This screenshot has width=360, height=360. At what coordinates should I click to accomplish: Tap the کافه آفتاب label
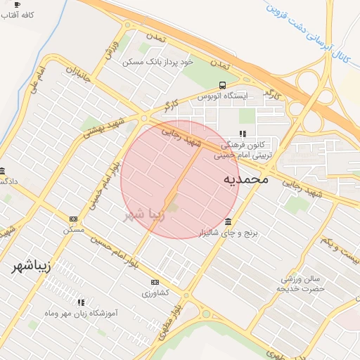20,15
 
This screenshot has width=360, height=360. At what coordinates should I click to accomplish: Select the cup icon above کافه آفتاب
17,4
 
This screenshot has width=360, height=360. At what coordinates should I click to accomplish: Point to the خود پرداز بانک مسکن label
157,63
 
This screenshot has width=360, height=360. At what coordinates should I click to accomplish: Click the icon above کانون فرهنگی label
243,134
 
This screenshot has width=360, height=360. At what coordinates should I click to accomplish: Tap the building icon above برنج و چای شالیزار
227,222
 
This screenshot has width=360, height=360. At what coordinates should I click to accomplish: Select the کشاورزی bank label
155,292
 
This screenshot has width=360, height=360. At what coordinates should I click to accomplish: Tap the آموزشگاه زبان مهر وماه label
80,312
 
